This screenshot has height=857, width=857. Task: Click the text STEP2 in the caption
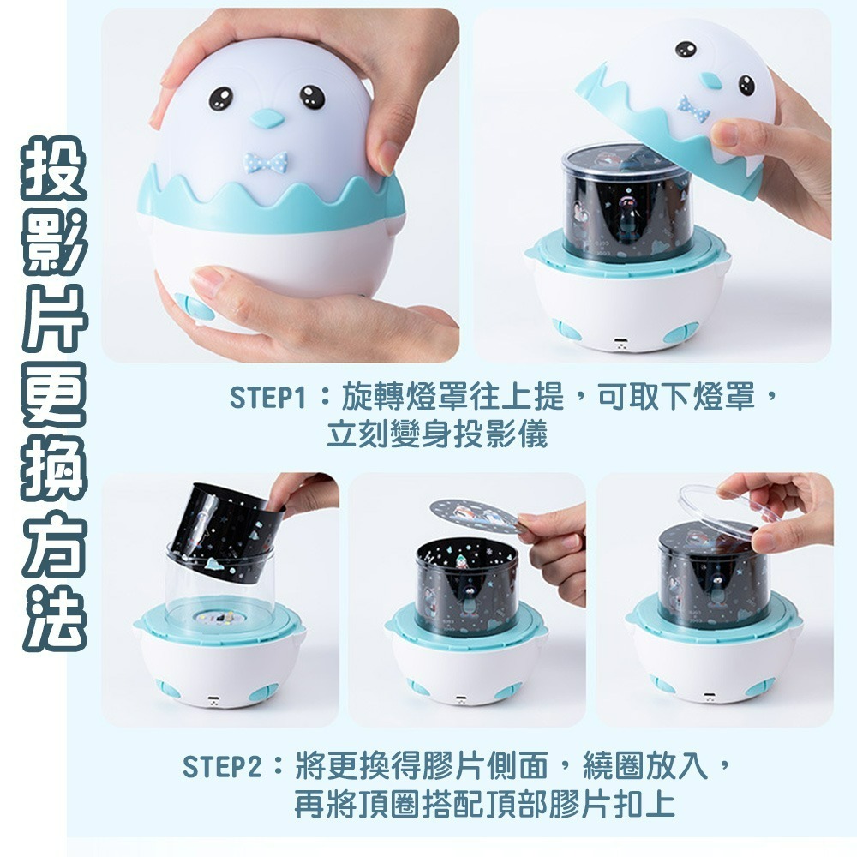[221, 765]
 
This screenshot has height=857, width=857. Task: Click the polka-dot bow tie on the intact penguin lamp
[266, 161]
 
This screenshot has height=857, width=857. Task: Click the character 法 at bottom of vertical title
[53, 615]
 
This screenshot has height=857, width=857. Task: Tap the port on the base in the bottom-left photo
[213, 701]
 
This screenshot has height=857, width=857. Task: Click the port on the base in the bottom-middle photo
[462, 699]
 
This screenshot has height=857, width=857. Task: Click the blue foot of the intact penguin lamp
[194, 306]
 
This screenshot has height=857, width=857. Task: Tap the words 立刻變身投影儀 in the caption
[437, 435]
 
